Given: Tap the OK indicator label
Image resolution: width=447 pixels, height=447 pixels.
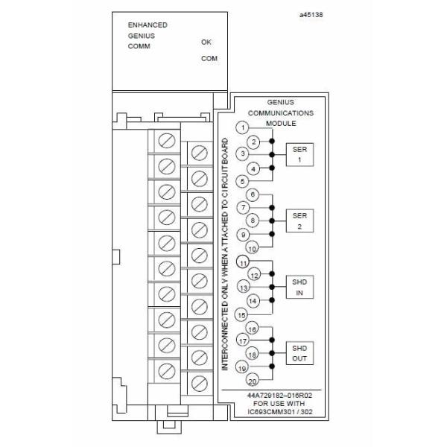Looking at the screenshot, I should coord(206,42).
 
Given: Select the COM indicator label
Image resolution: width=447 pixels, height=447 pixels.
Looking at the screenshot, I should coord(209,58).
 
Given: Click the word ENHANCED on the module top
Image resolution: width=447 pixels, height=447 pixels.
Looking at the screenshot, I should coord(148,25).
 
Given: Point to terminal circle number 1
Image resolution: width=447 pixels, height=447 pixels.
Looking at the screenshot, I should coord(242,127).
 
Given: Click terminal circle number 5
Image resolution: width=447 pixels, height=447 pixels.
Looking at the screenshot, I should coord(242,181).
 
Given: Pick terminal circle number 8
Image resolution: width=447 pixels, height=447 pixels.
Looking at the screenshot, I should coord(254,221).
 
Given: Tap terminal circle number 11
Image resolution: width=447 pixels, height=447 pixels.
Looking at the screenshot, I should coord(242,261).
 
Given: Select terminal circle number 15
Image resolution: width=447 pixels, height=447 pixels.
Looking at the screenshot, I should coord(242,314).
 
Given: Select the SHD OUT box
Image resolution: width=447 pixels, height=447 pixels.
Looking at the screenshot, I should coord(298,354).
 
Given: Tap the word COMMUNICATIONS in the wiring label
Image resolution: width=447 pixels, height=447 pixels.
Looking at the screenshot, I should coord(286,112).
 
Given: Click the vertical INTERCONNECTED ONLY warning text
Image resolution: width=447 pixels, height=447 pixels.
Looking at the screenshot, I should coord(224,253).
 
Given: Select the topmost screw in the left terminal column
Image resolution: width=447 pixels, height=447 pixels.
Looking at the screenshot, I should coord(166,139).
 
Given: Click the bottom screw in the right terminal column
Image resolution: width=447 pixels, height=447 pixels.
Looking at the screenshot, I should coord(199,382).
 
